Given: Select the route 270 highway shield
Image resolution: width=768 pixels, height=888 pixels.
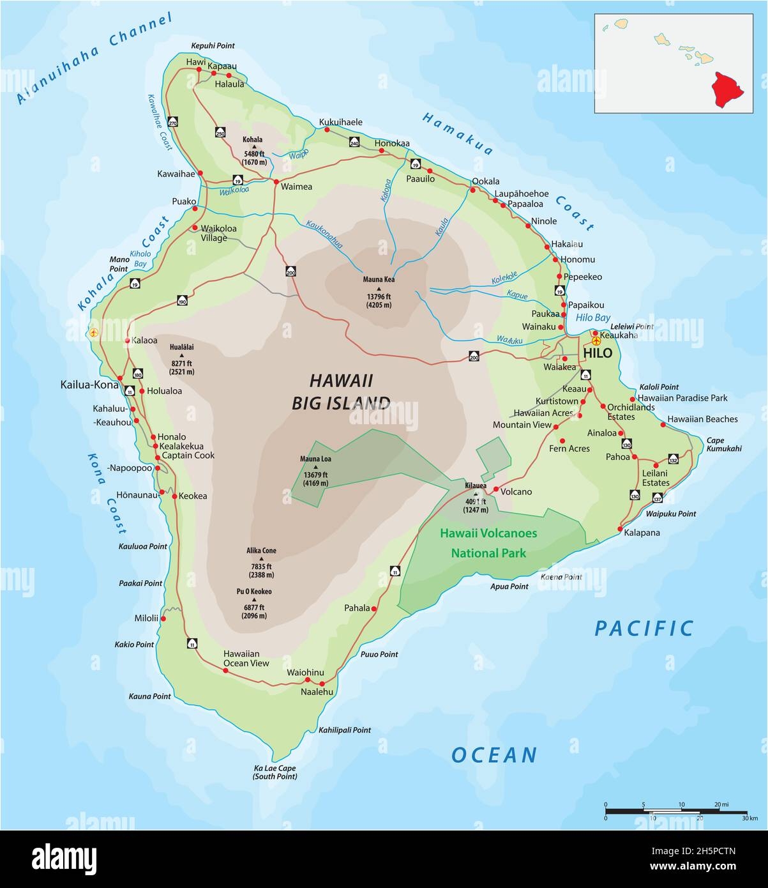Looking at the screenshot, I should click(173, 122).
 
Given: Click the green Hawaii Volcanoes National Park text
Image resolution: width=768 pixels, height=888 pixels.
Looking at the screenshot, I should click(488, 543).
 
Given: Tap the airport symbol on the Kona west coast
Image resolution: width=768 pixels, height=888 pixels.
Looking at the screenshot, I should click(94, 332).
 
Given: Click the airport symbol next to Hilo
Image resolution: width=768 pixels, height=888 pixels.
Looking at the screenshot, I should click(596, 341).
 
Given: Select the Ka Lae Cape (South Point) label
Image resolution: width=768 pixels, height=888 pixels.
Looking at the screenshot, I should click(275, 772).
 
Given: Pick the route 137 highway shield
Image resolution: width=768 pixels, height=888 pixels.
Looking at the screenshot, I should click(658, 498).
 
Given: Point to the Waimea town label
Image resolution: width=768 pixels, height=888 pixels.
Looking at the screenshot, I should click(297, 187).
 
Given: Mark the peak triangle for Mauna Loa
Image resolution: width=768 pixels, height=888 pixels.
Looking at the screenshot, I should click(315, 467).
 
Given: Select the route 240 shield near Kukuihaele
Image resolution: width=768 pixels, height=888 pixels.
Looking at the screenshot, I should click(354, 142).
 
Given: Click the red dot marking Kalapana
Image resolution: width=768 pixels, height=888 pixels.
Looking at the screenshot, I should click(621, 529).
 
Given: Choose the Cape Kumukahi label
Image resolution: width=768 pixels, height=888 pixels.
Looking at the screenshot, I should click(724, 444).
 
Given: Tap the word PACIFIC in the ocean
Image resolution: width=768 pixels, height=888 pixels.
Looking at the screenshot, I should click(644, 629).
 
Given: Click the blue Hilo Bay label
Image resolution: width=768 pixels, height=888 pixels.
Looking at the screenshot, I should click(593, 318).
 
